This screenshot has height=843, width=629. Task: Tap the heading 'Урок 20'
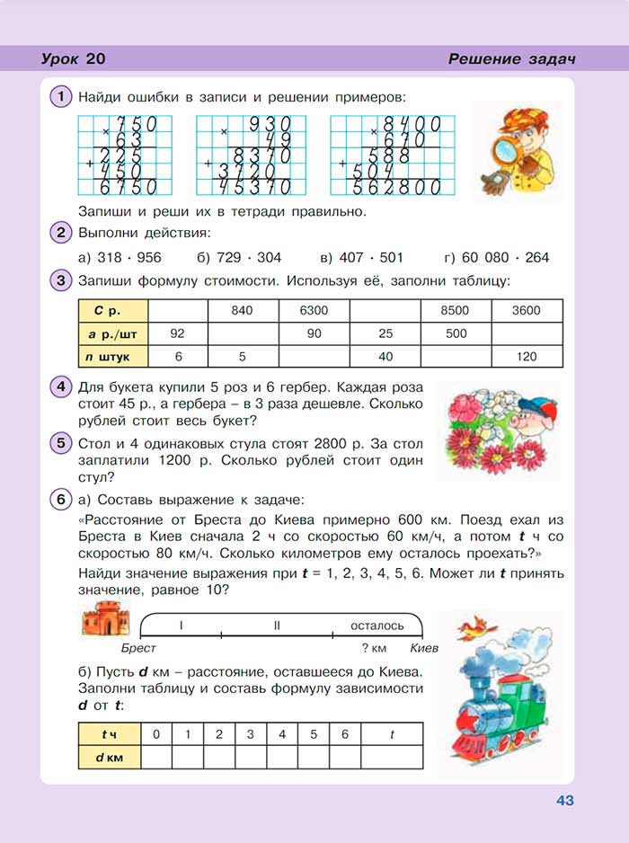[x=74, y=59]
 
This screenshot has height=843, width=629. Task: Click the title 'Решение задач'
[x=511, y=59]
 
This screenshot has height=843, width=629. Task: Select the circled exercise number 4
[x=60, y=388]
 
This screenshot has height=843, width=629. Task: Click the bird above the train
[x=472, y=626]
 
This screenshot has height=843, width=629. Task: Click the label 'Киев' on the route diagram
[x=424, y=647]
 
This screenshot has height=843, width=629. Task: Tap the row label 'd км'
[x=111, y=758]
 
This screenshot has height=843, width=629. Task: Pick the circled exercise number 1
[x=60, y=96]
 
